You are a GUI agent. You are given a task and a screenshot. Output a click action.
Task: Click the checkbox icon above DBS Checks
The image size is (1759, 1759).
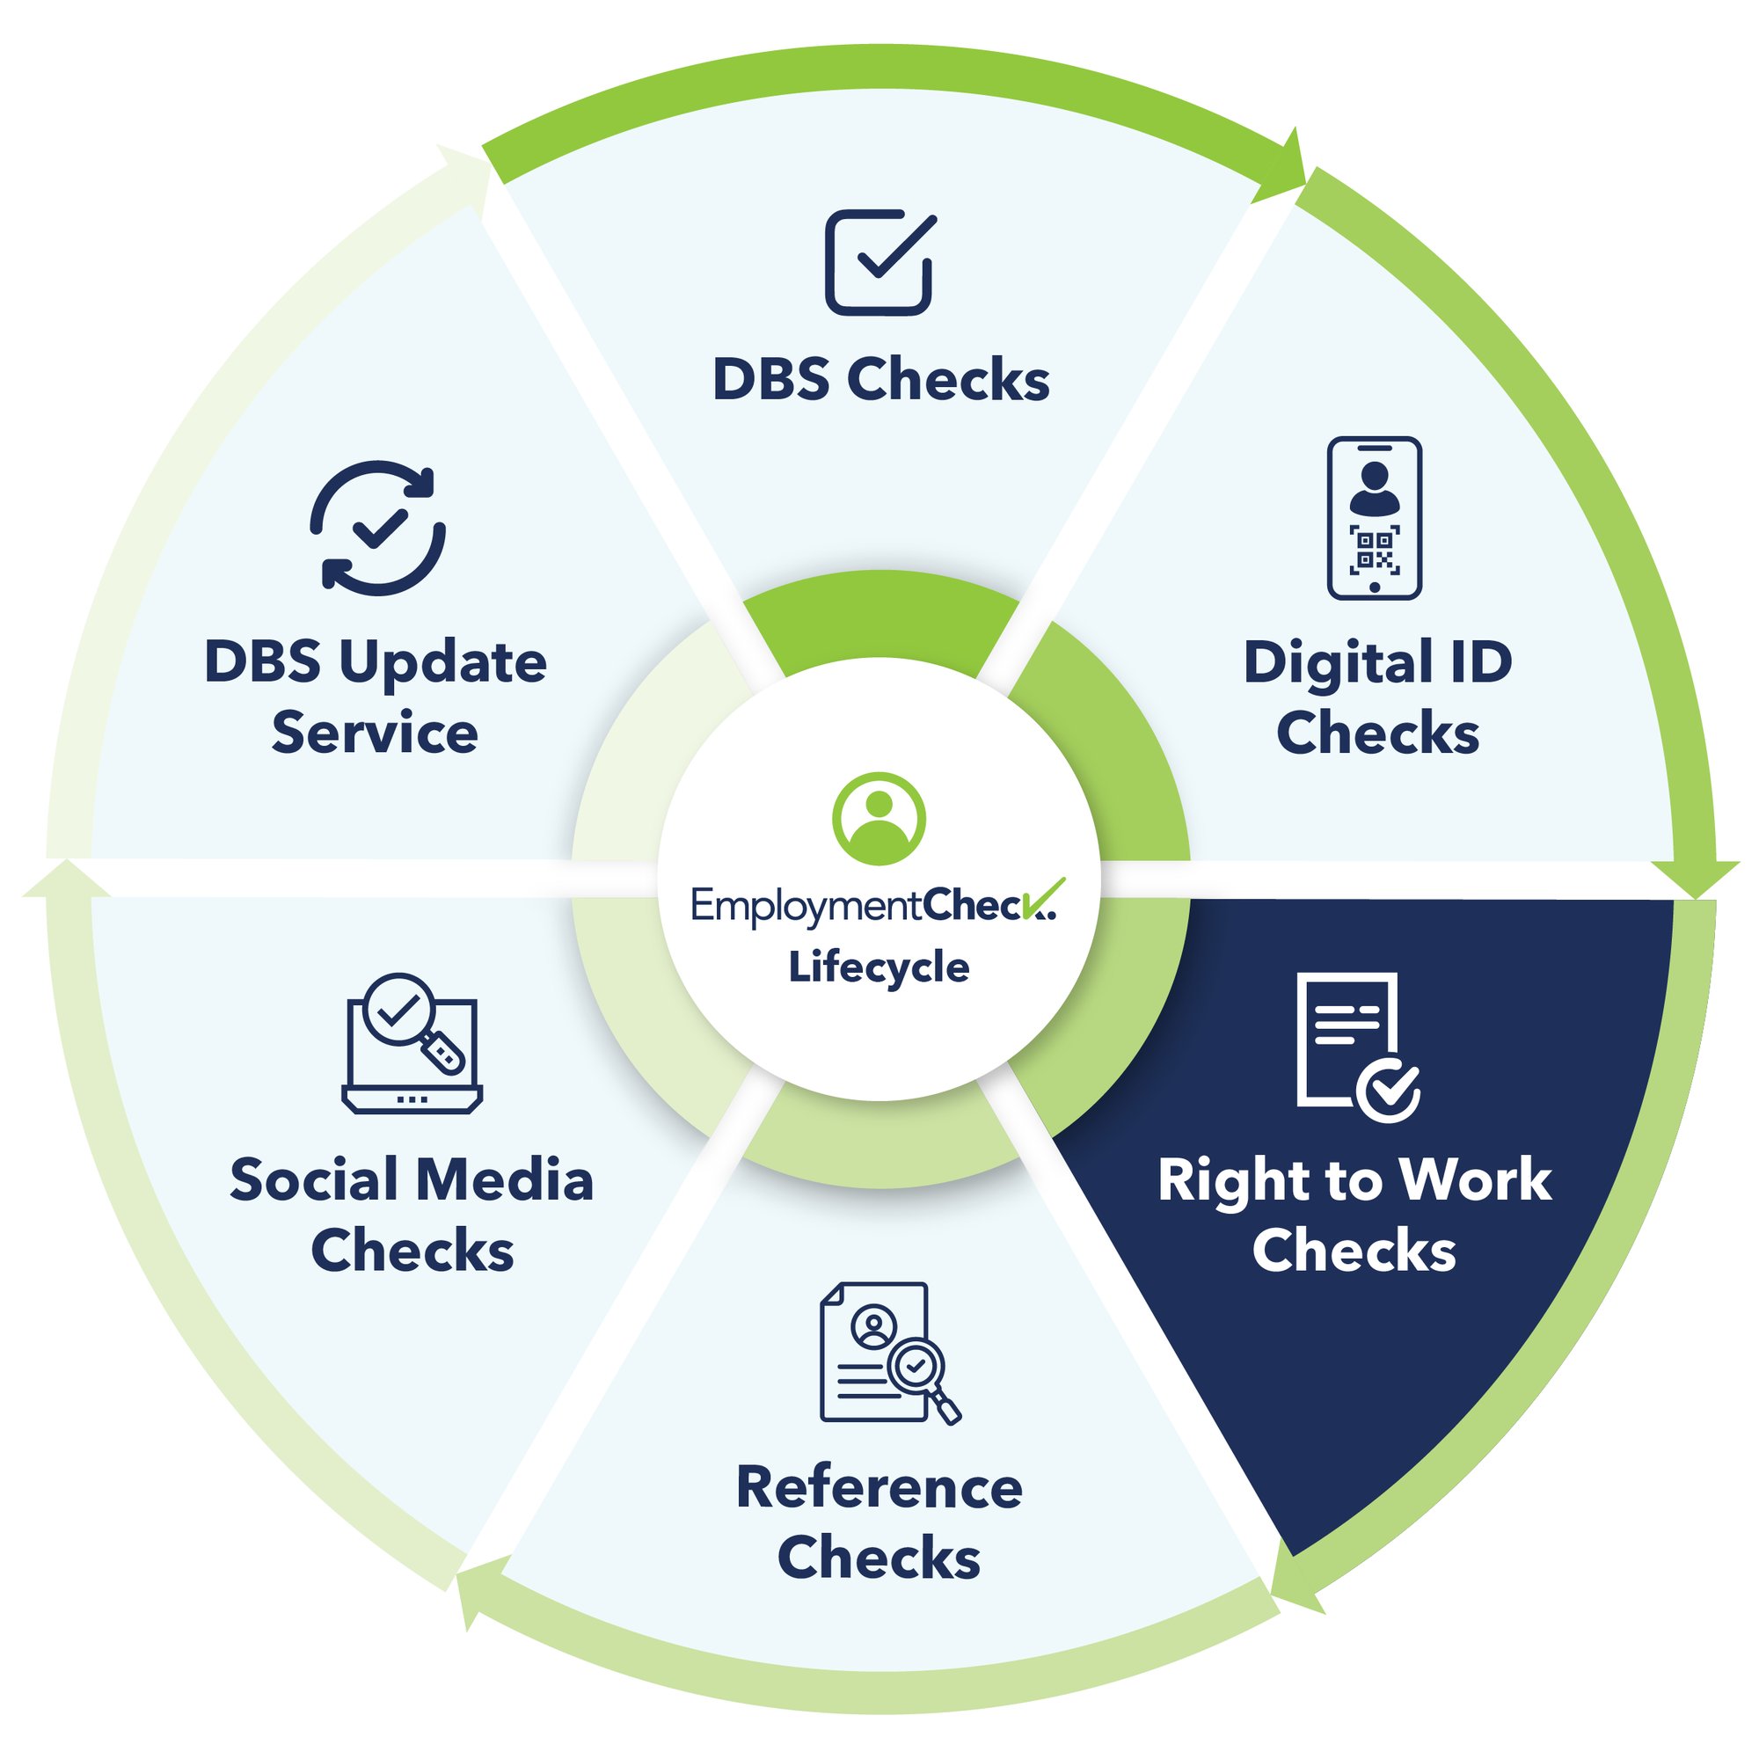879,263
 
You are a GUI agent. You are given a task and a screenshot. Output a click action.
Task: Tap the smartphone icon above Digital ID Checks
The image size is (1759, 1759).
1374,518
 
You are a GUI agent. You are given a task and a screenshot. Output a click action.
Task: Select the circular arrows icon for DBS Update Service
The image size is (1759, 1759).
378,528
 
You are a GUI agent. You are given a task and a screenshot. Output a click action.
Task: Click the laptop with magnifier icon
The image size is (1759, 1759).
412,1043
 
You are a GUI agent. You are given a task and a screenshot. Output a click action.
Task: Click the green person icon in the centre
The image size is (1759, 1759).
879,819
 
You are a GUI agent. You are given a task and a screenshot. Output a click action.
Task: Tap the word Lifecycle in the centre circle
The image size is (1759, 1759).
879,967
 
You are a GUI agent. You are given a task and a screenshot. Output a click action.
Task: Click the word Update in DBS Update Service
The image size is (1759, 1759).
442,663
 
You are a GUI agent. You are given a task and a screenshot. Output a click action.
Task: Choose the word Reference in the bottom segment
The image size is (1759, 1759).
879,1488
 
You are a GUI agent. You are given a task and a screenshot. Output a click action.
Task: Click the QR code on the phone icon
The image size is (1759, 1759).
1374,549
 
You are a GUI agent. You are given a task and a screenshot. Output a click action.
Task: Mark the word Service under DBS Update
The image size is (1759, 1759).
374,734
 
